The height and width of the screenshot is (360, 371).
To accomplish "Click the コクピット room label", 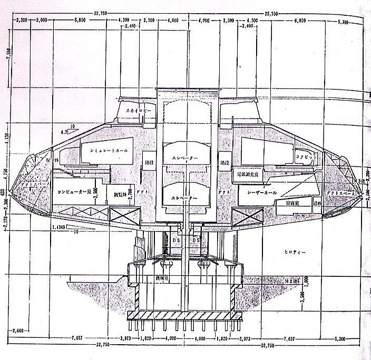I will (x=304, y=156).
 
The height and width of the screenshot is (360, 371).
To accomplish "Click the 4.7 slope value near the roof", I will (x=65, y=132).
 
